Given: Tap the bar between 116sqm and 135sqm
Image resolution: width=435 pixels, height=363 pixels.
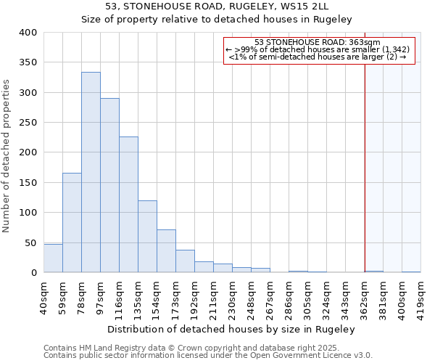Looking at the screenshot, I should click(128, 205).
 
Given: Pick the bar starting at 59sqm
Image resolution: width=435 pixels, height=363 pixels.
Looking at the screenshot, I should click(72, 223).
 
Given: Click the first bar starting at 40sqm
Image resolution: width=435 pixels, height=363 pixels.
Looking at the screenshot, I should click(53, 258).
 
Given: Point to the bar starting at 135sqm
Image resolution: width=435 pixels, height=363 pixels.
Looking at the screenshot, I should click(147, 237).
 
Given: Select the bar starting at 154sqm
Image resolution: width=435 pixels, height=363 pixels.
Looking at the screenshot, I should click(166, 251).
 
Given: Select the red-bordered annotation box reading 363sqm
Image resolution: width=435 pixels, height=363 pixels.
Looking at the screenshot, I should click(319, 50).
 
